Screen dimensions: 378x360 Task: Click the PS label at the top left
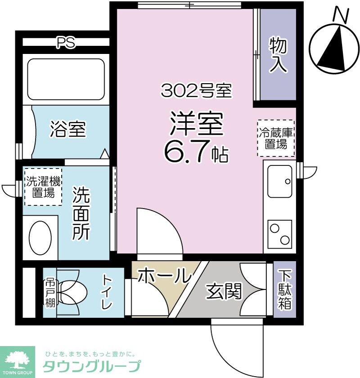coord(66,42)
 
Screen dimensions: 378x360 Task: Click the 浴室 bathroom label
coord(67,130)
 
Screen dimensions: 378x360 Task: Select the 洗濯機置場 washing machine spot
coord(43,187)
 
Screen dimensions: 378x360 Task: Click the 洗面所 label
coord(82,213)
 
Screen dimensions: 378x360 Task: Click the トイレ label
coord(107,292)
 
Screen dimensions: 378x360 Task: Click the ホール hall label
coord(163,275)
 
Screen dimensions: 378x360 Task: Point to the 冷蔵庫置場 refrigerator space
coord(275,138)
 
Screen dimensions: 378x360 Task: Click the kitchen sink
coord(279,181)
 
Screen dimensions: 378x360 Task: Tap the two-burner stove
coord(279,233)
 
